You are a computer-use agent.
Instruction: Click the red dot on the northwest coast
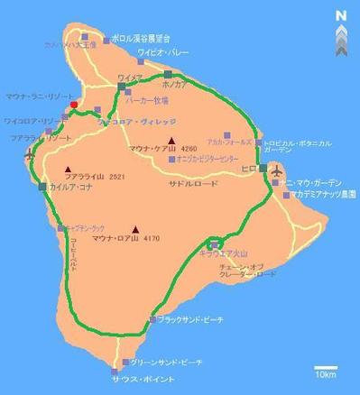[74, 105]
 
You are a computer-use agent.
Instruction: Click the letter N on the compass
[340, 14]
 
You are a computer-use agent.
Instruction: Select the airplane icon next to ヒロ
[275, 170]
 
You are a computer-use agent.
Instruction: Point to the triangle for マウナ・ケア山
[171, 141]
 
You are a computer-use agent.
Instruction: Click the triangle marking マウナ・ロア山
[135, 229]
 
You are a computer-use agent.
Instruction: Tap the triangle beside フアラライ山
[68, 170]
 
